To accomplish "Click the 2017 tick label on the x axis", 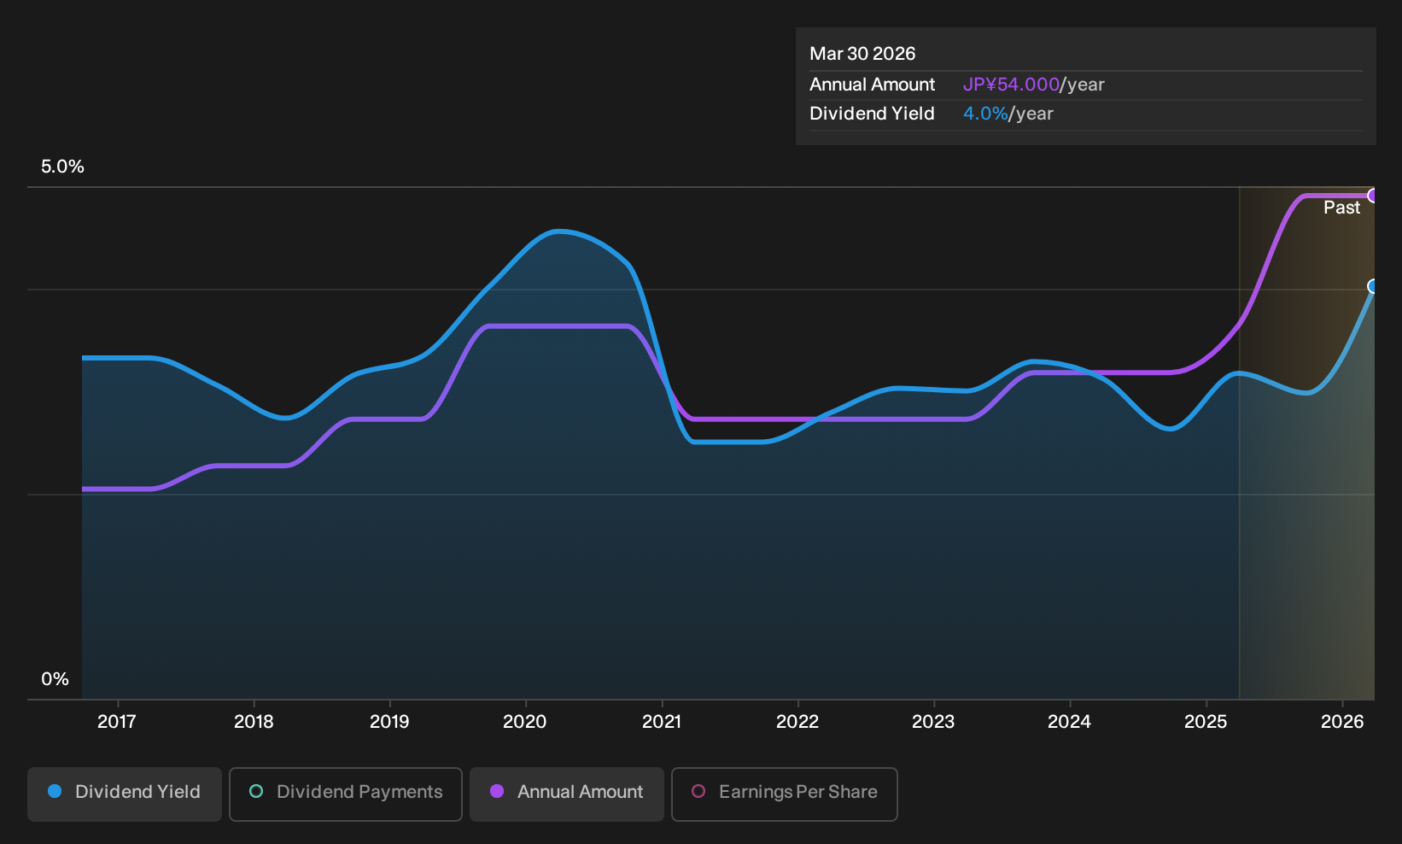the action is (117, 722).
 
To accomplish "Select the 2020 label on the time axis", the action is (524, 722).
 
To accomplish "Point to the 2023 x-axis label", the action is (933, 722).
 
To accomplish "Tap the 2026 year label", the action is (1342, 722).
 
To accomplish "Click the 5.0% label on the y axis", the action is (62, 167).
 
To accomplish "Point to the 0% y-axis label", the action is (55, 679).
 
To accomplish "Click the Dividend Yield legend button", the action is (125, 794).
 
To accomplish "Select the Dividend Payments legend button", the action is (346, 794).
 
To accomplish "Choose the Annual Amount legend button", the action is (566, 794).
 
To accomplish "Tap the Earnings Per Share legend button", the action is (784, 794).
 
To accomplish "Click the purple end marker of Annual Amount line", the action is (1372, 196).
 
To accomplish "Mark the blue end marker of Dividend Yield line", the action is (1372, 286).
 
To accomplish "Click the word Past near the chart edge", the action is (1341, 208).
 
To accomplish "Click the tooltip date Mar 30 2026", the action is (862, 54).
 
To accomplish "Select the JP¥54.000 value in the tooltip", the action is (1011, 85).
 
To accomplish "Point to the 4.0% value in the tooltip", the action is (985, 114).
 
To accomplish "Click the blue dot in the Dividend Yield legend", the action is (55, 791).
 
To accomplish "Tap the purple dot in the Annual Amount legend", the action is (497, 791).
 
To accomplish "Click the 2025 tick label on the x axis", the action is (1206, 722).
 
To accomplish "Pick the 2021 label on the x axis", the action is (662, 722).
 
